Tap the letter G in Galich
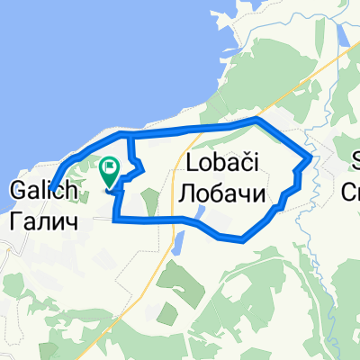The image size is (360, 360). click(x=15, y=190)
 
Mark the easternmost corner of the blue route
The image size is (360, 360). click(x=310, y=159)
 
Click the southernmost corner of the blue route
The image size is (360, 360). click(x=241, y=238)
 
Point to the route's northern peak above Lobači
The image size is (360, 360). click(x=258, y=120)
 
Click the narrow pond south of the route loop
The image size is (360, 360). click(x=177, y=242)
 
